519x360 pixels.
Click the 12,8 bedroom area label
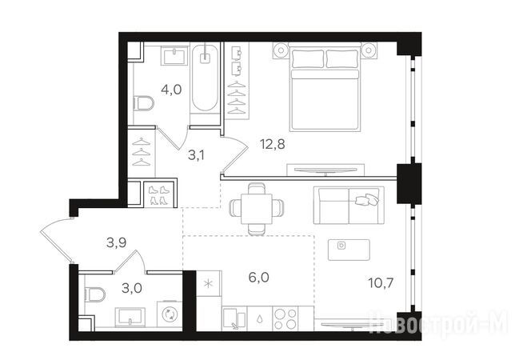273,144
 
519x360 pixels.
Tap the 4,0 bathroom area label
171,90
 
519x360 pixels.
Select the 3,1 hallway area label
196,155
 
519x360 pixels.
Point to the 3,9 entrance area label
116,243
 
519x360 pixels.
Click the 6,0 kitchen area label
258,278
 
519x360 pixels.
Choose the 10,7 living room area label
381,283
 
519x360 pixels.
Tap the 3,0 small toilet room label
132,288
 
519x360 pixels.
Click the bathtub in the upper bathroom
206,78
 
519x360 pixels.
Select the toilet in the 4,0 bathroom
144,103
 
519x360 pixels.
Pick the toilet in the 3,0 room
94,294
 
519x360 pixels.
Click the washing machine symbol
170,314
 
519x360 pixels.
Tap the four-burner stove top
285,318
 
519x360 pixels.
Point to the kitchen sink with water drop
260,318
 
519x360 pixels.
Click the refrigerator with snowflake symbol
209,283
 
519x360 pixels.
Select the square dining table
257,209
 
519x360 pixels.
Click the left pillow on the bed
308,58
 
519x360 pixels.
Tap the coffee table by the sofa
349,250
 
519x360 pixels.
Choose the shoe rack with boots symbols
159,195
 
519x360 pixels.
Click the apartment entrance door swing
56,239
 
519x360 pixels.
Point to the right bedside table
367,50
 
